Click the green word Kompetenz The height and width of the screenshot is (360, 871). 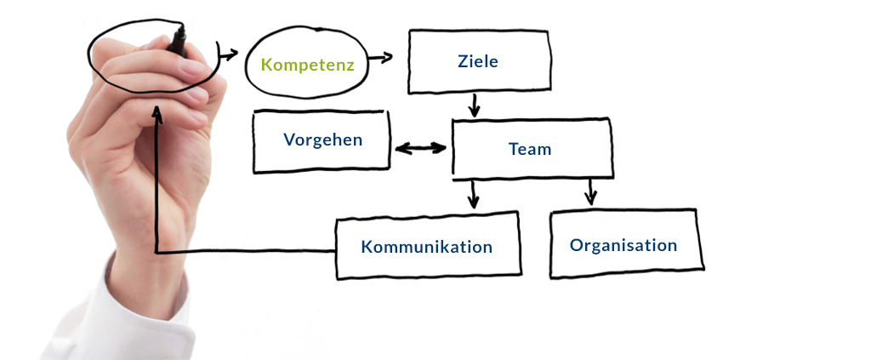(307, 65)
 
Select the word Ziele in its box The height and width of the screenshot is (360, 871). (477, 61)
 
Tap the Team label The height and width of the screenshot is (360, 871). (530, 149)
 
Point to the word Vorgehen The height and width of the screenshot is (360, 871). (322, 140)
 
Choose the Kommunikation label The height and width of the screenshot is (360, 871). (426, 248)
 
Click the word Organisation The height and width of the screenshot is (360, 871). (623, 245)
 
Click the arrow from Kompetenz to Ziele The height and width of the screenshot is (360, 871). (380, 58)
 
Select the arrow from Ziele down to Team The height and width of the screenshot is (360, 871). (475, 106)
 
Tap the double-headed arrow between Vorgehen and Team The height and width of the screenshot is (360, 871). (420, 148)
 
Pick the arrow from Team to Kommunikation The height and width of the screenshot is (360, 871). (473, 194)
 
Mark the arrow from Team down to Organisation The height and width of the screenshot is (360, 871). (590, 191)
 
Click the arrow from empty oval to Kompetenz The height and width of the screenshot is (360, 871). (228, 55)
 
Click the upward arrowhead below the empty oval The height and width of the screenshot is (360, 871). (157, 113)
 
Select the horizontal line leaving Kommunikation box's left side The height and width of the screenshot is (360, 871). (247, 251)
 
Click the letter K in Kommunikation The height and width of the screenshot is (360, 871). (367, 248)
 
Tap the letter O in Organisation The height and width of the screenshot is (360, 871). (577, 245)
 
